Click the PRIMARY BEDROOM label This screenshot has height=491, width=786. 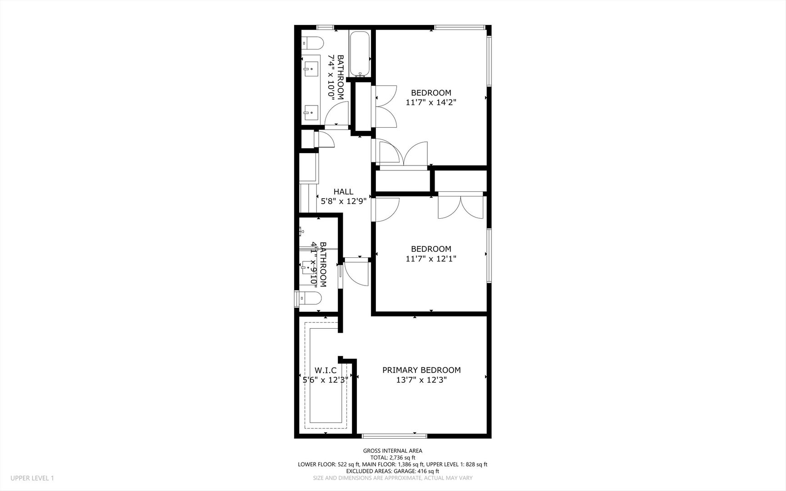click(x=421, y=370)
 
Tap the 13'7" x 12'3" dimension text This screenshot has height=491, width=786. click(x=421, y=380)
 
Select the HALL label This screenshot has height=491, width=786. click(x=343, y=192)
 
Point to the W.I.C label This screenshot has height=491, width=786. click(x=325, y=370)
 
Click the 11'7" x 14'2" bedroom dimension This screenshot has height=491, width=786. click(x=431, y=103)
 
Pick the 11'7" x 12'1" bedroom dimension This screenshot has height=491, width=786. click(x=431, y=259)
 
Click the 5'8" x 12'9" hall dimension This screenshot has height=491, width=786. click(x=343, y=201)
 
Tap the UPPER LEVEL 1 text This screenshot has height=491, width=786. click(x=32, y=478)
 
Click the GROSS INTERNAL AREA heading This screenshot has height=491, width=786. click(x=392, y=451)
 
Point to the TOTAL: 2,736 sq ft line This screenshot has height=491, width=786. click(x=392, y=458)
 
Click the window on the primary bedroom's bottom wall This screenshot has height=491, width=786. click(x=394, y=436)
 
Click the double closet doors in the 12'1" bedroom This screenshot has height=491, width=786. click(x=460, y=207)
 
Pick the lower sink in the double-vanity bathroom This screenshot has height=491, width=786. click(x=311, y=111)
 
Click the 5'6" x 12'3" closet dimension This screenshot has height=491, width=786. click(x=325, y=380)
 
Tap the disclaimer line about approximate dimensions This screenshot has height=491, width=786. click(x=392, y=478)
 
